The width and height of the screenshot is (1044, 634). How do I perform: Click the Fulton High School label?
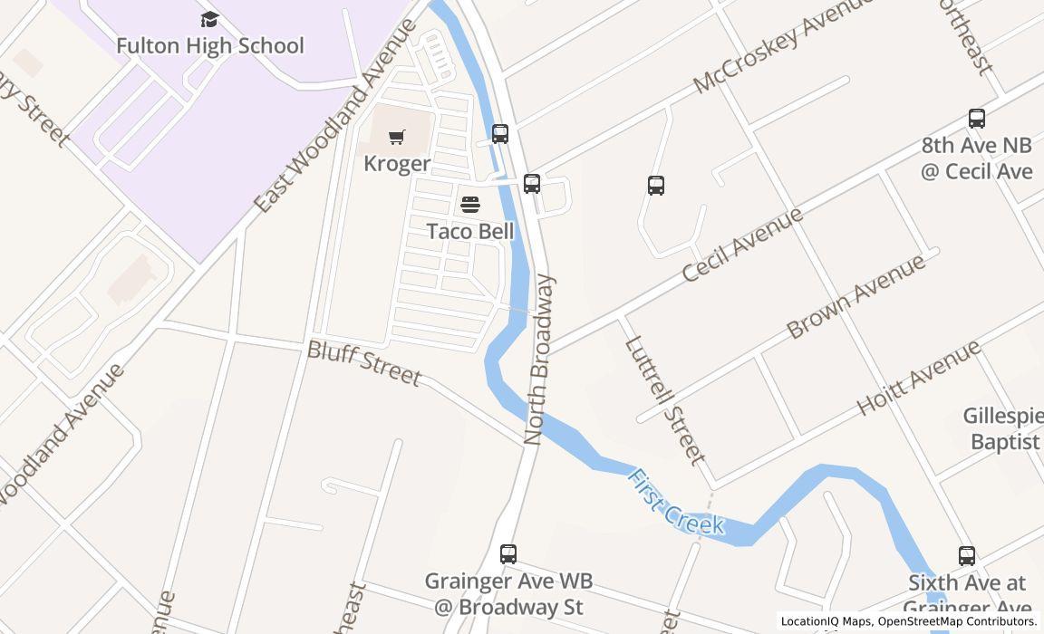click(x=210, y=45)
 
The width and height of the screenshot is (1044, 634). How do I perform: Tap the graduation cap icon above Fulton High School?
click(x=209, y=20)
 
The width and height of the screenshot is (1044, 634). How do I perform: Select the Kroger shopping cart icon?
click(x=396, y=137)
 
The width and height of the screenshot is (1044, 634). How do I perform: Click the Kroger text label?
click(x=397, y=164)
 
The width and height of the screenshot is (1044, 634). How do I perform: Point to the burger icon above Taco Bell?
click(x=469, y=205)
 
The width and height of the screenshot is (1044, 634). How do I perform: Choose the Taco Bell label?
click(x=470, y=231)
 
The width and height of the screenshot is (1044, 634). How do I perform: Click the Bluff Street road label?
click(x=364, y=362)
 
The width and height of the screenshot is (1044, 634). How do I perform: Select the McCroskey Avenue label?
click(x=782, y=44)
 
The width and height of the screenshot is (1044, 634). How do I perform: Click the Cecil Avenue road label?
click(x=742, y=244)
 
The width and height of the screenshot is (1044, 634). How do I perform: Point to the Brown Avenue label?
click(x=855, y=296)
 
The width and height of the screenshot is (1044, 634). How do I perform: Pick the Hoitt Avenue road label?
click(x=918, y=377)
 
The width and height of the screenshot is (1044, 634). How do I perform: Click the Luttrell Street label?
click(x=665, y=399)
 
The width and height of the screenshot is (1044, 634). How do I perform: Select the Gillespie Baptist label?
click(x=1003, y=428)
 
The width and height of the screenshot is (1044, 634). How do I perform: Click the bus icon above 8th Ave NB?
click(x=976, y=119)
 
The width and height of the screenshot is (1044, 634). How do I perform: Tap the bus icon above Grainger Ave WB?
click(x=508, y=553)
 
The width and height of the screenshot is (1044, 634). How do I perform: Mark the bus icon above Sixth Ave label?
click(x=967, y=556)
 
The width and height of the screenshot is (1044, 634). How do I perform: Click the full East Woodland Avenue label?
click(x=336, y=115)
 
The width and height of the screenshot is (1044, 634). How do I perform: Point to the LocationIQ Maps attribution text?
click(x=907, y=621)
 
